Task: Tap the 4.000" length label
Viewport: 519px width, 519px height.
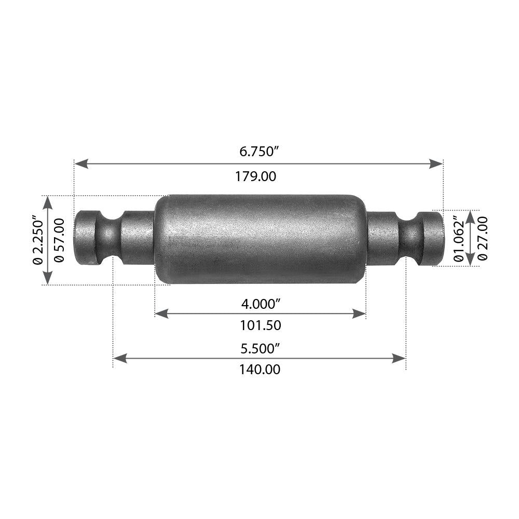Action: tap(260, 302)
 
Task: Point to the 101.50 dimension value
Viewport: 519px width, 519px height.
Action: tap(260, 326)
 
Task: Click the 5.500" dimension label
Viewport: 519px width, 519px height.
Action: tap(260, 348)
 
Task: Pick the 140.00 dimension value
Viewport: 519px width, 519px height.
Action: tap(259, 370)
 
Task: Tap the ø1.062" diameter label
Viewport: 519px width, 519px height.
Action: tap(458, 238)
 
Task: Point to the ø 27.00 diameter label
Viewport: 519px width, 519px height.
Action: tap(483, 238)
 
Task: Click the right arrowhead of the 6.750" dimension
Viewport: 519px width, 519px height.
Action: tap(436, 163)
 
